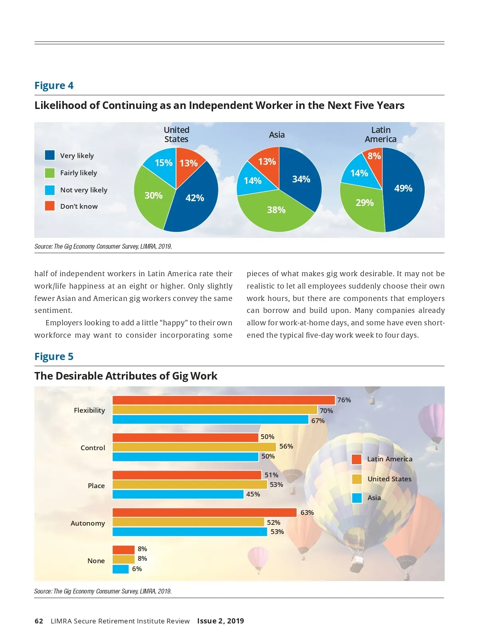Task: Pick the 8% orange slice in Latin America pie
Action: coord(374,156)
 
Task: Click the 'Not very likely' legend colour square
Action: coord(50,190)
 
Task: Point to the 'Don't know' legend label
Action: coord(79,206)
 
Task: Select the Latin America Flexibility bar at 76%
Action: coord(224,400)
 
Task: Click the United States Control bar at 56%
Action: coord(194,447)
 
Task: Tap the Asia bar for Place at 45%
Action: coord(178,494)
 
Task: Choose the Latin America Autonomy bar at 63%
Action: coord(204,512)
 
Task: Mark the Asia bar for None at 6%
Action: coord(121,569)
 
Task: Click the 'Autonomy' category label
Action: coord(88,523)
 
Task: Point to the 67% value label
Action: coord(318,421)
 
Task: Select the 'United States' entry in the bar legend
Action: coord(389,479)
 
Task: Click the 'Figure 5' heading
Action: coord(54,356)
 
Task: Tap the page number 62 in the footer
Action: coord(39,621)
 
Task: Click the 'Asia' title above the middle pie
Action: coord(277,135)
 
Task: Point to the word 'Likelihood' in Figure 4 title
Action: coord(60,105)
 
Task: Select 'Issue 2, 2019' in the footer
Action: coord(220,621)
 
